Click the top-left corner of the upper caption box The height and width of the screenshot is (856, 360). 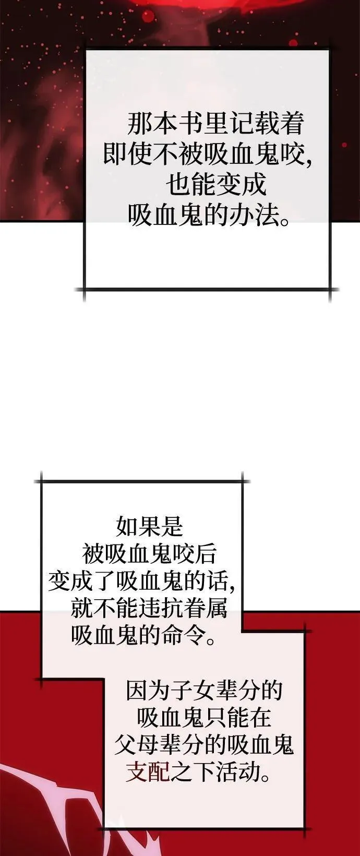click(85, 50)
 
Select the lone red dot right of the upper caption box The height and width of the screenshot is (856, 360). click(344, 145)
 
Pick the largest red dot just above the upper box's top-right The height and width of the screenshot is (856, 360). click(293, 42)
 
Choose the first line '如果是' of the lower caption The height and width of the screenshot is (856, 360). click(149, 526)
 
